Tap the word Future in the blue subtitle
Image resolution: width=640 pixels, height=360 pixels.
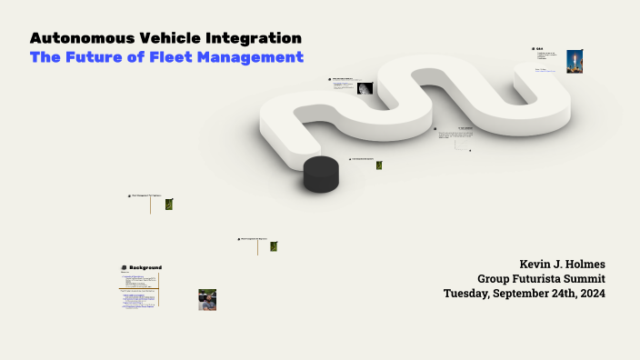pyautogui.click(x=94, y=57)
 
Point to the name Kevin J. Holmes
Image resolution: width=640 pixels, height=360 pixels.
pyautogui.click(x=562, y=264)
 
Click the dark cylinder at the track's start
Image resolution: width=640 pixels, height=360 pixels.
pyautogui.click(x=321, y=174)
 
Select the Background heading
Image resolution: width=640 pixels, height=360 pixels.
pyautogui.click(x=145, y=267)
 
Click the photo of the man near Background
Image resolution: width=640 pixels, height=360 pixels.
pyautogui.click(x=207, y=299)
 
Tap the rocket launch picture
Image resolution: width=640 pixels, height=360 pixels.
pyautogui.click(x=575, y=61)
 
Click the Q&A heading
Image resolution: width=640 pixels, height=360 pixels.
pyautogui.click(x=539, y=49)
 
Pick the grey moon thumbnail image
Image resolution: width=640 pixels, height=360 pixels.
pyautogui.click(x=365, y=88)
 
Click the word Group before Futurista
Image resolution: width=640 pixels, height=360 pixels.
pyautogui.click(x=495, y=279)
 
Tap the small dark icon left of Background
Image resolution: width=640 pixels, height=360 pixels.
pyautogui.click(x=124, y=267)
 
